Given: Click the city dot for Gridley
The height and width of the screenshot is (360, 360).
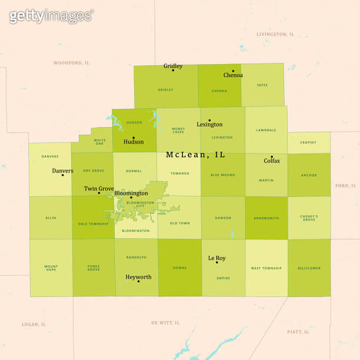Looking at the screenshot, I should (x=173, y=71).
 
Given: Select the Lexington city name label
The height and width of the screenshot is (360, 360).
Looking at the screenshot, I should (x=209, y=125).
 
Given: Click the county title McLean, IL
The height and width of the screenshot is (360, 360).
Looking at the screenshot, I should (x=195, y=155).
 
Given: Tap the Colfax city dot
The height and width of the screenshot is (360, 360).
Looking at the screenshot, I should (x=272, y=156).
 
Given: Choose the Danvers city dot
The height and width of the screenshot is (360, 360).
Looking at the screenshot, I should (x=62, y=175).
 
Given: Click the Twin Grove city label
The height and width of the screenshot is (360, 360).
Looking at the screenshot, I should (x=99, y=189).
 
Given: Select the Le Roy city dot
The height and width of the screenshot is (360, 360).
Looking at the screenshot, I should (x=216, y=262).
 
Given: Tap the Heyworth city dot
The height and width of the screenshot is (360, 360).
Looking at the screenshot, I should (x=138, y=281).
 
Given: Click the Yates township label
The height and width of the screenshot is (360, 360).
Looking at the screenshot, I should (x=262, y=85).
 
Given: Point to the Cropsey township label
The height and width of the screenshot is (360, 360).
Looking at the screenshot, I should (x=308, y=142).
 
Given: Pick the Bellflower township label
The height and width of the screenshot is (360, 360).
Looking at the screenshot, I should (x=308, y=268).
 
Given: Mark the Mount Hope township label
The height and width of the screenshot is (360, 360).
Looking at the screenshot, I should (x=51, y=268).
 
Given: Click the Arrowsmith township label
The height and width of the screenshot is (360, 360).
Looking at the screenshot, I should (x=266, y=218).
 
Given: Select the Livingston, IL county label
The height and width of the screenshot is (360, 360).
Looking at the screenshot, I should (x=275, y=34).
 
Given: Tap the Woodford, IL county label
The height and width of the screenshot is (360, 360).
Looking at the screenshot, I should (x=71, y=62).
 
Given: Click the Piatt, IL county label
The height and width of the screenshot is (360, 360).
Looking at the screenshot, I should (x=298, y=332).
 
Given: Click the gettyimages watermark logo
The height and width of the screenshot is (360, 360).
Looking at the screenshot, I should (x=51, y=16).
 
